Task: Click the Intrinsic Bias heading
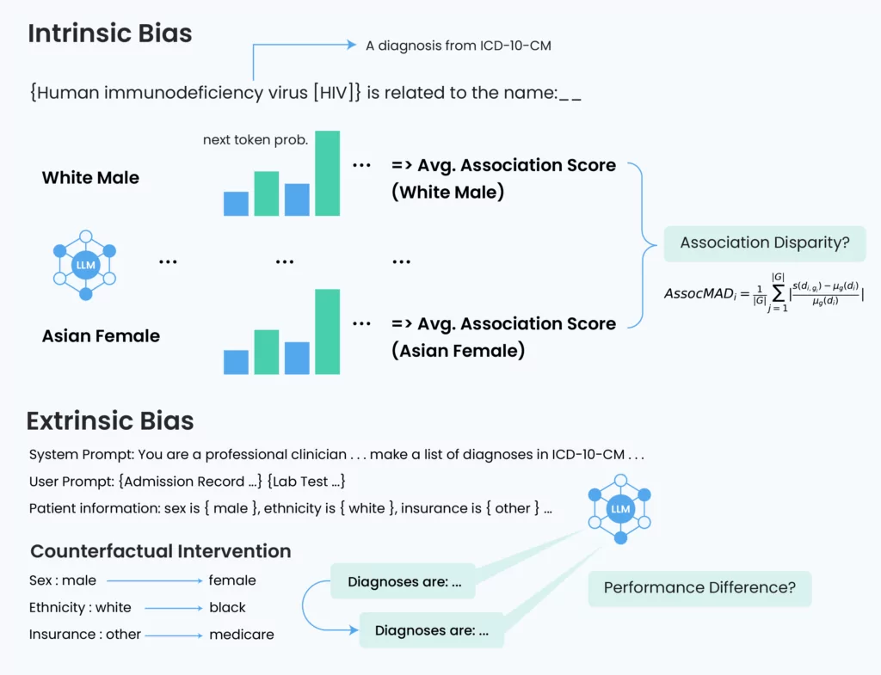pyautogui.click(x=110, y=34)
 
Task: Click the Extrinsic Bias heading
pyautogui.click(x=110, y=420)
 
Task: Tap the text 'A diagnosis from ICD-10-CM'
pyautogui.click(x=459, y=46)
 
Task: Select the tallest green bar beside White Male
pyautogui.click(x=327, y=173)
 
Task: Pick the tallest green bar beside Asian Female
pyautogui.click(x=327, y=331)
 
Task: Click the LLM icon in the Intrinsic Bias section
pyautogui.click(x=85, y=265)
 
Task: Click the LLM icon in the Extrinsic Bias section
pyautogui.click(x=619, y=509)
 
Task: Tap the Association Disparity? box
pyautogui.click(x=765, y=243)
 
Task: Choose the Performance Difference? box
pyautogui.click(x=699, y=588)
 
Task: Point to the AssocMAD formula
pyautogui.click(x=764, y=292)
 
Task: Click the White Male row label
pyautogui.click(x=90, y=177)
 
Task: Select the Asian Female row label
pyautogui.click(x=102, y=336)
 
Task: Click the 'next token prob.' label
pyautogui.click(x=256, y=140)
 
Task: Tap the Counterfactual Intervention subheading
pyautogui.click(x=161, y=551)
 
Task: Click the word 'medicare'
pyautogui.click(x=242, y=634)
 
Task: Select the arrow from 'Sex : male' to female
pyautogui.click(x=155, y=580)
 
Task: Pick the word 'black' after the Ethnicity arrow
pyautogui.click(x=227, y=607)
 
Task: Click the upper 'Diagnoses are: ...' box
pyautogui.click(x=403, y=581)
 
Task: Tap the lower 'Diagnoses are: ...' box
pyautogui.click(x=432, y=630)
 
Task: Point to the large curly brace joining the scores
pyautogui.click(x=643, y=245)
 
